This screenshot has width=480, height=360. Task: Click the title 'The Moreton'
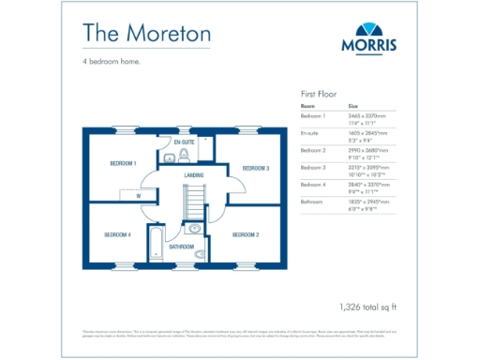[146, 33]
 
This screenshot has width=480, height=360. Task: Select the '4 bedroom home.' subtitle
[111, 63]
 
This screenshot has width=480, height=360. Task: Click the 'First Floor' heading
[320, 95]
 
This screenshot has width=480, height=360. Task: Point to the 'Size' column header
[353, 107]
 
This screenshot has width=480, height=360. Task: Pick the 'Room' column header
[307, 107]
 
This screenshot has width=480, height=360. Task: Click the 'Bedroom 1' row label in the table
[313, 115]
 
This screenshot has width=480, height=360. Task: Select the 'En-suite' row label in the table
[310, 133]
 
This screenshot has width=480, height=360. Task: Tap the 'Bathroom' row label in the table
[312, 201]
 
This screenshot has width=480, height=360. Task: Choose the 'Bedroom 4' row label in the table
[313, 184]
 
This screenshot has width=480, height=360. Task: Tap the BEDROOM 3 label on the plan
[256, 168]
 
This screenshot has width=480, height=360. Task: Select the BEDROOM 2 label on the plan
[246, 233]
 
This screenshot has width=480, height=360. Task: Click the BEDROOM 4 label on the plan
[117, 233]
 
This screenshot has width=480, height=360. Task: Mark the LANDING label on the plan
[194, 174]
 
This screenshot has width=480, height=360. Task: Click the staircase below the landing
[194, 201]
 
